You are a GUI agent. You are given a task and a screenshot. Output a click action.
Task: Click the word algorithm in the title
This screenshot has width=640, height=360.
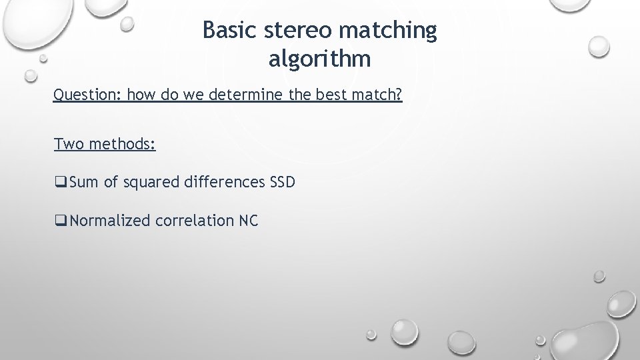pos(320,60)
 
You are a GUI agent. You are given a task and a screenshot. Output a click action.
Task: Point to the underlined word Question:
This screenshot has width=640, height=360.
pos(87,95)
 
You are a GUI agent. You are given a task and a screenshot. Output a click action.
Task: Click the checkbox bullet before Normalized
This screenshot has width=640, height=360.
pos(60,221)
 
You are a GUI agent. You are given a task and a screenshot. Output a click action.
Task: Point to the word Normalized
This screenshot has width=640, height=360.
pos(110,221)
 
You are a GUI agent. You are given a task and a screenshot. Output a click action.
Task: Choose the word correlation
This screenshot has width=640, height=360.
pos(195,221)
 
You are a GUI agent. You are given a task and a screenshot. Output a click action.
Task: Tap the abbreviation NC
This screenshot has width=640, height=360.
pos(248,221)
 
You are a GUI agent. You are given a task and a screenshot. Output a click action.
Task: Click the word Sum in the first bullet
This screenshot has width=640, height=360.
pos(84,182)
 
